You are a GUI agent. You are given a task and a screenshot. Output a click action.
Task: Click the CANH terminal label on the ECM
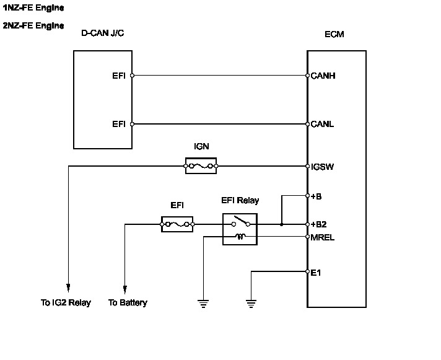[x=323, y=76]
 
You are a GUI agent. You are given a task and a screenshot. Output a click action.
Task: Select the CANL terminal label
[x=322, y=124]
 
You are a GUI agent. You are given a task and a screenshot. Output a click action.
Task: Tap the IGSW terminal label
[x=322, y=167]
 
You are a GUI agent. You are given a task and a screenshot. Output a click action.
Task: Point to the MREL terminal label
[x=323, y=238]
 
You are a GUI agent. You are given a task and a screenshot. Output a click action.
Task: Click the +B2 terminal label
[x=318, y=224]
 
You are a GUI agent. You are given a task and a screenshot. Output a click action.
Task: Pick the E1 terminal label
[x=315, y=273]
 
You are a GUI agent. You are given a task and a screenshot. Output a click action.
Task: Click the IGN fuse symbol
[x=201, y=166]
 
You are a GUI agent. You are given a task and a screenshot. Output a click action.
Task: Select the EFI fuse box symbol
[x=177, y=224]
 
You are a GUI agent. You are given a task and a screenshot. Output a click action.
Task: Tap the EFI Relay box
[x=240, y=229]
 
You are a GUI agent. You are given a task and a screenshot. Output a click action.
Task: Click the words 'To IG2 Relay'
[x=66, y=302]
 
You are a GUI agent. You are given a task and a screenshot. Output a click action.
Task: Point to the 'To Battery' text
[x=128, y=302]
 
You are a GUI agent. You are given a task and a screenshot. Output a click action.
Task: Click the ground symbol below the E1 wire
[x=251, y=304]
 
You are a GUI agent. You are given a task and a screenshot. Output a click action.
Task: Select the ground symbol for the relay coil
[x=203, y=304]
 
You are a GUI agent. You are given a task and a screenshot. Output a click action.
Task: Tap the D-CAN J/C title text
[x=103, y=33]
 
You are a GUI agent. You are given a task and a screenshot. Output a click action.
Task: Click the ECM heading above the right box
[x=334, y=34]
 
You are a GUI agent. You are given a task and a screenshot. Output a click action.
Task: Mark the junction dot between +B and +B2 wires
[x=282, y=224]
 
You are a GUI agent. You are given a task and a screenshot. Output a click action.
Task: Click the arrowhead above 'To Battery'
[x=125, y=290]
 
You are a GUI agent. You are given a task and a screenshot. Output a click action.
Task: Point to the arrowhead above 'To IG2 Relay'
[x=68, y=288]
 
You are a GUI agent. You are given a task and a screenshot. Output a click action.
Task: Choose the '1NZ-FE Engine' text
[x=33, y=8]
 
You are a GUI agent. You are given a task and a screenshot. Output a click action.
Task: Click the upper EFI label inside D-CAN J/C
[x=119, y=76]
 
